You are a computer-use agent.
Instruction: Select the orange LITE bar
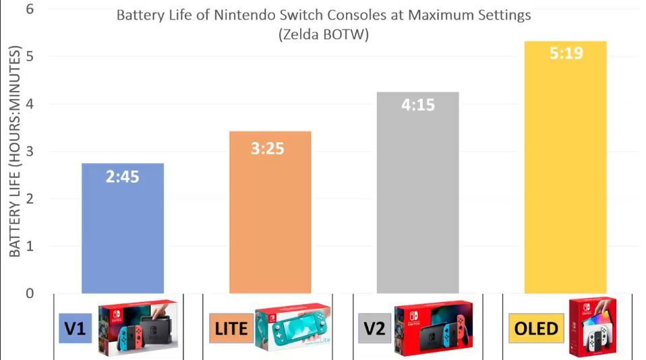click(270, 222)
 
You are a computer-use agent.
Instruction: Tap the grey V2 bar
click(417, 202)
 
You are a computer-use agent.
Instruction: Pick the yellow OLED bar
click(565, 175)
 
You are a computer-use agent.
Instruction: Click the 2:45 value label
click(122, 177)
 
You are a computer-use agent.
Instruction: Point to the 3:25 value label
click(268, 148)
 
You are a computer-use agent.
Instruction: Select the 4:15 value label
click(418, 105)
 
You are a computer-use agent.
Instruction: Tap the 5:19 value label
click(566, 53)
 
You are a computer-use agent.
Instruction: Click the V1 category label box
click(76, 328)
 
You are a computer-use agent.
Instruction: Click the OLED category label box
click(535, 328)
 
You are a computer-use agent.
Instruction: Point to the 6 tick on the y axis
click(30, 10)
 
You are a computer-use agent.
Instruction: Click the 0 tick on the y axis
click(30, 293)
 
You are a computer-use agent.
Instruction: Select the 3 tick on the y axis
click(30, 152)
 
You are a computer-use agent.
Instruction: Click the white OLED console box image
click(592, 326)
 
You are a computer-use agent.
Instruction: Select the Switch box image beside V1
click(138, 328)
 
